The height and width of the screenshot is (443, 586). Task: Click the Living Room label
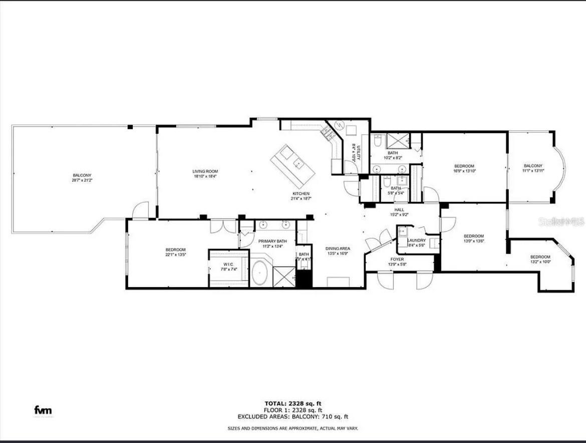205,171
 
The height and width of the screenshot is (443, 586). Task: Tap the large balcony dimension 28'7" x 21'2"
82,180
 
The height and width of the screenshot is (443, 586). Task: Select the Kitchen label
301,194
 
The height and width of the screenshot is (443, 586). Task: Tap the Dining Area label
338,249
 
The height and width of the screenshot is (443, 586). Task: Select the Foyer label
397,259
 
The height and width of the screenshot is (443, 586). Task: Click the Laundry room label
416,241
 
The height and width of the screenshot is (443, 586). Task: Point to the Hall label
399,210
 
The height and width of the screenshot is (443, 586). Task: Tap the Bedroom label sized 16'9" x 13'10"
464,166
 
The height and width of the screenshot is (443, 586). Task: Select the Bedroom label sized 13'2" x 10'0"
540,257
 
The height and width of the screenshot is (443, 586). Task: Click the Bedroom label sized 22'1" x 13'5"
175,250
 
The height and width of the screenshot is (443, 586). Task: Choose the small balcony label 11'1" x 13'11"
533,166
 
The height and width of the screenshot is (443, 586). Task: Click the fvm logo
43,410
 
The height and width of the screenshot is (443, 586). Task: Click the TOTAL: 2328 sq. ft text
293,403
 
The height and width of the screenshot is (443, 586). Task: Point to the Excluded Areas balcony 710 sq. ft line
293,416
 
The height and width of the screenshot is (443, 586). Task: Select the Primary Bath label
272,241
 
